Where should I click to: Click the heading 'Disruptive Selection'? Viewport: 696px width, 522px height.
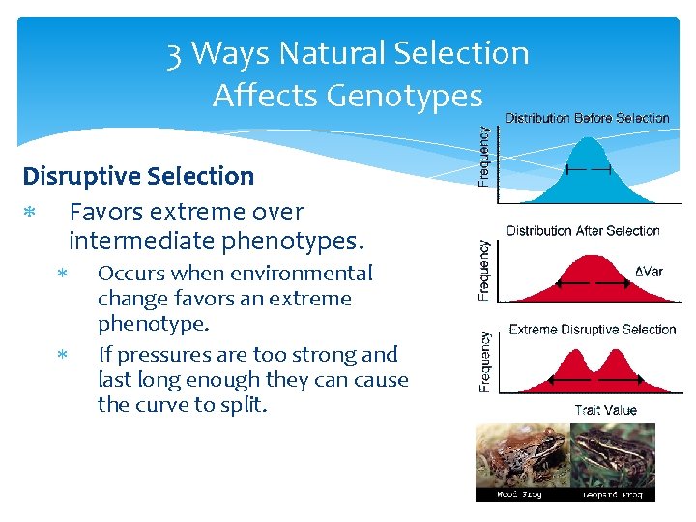coord(138,176)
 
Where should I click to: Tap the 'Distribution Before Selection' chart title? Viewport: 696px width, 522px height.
coord(587,118)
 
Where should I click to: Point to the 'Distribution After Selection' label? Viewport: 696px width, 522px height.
coord(583,231)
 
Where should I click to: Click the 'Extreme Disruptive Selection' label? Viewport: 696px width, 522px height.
coord(592,330)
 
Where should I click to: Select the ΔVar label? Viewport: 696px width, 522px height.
coord(649,272)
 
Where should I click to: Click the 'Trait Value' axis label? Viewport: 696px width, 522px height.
coord(605,410)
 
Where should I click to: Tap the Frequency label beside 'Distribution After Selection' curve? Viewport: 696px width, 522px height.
coord(486,270)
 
